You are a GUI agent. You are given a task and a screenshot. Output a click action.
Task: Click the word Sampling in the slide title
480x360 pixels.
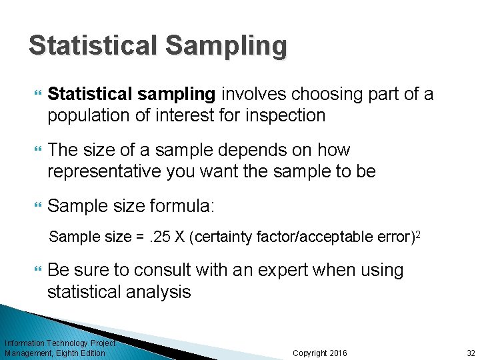226,46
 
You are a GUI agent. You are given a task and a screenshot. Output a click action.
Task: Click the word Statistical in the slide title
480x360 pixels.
92,46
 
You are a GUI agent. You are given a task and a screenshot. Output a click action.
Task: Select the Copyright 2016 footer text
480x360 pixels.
320,353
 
